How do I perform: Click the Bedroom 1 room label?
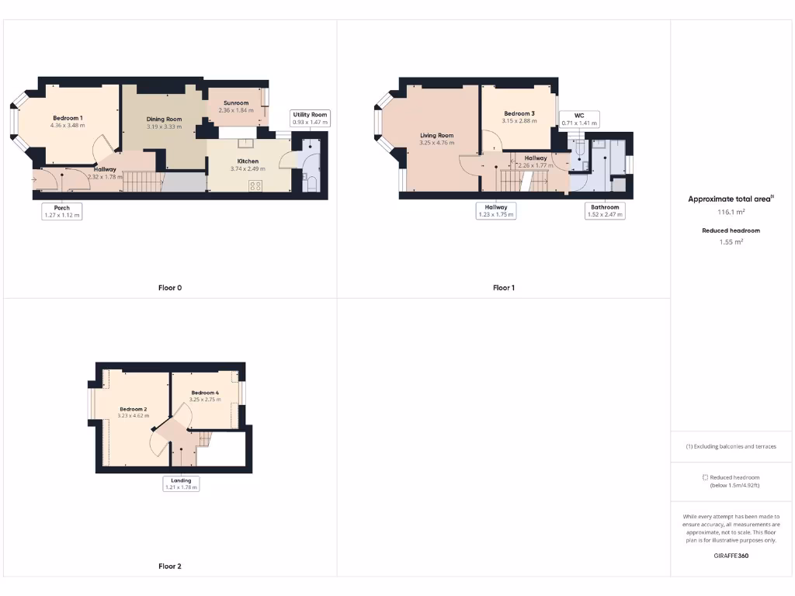click(x=68, y=117)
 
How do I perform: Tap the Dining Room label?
click(x=164, y=119)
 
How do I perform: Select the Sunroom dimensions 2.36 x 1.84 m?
click(x=236, y=110)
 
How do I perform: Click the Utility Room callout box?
click(x=311, y=118)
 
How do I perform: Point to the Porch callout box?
click(x=62, y=211)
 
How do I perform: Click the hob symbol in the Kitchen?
click(x=255, y=185)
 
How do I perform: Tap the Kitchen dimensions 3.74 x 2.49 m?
click(x=248, y=168)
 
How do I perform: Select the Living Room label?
click(x=436, y=135)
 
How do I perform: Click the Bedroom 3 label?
click(x=519, y=113)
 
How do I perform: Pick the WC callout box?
click(x=579, y=119)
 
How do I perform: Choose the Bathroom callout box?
click(x=605, y=211)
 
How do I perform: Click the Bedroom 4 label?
click(x=205, y=393)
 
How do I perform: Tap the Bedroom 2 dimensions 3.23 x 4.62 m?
click(x=133, y=416)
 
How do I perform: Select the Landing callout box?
click(x=181, y=483)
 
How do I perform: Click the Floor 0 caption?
click(x=170, y=288)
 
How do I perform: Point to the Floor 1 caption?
click(x=503, y=288)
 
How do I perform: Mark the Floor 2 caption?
click(x=170, y=567)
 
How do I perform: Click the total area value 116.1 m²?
click(x=730, y=211)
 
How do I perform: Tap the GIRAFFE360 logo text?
click(x=731, y=556)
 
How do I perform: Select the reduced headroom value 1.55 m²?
click(x=731, y=242)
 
